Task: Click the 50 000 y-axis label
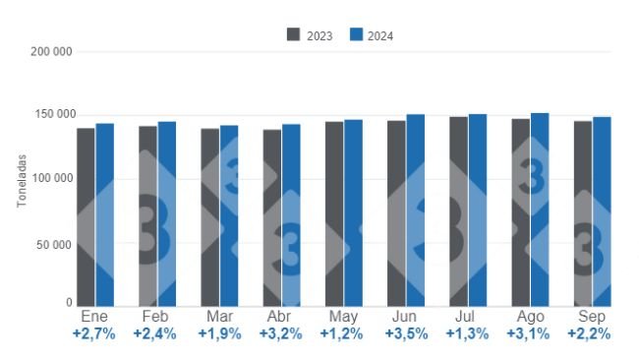pos(56,244)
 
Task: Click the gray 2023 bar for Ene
pos(86,216)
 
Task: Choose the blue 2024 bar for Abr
pos(291,215)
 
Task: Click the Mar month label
pos(219,318)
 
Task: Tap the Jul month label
pos(467,318)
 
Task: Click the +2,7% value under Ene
pos(94,334)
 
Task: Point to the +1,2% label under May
pos(342,334)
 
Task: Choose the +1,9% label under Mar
pos(218,334)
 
